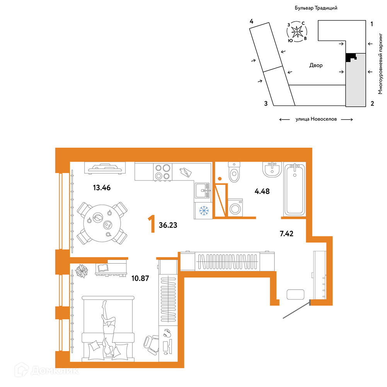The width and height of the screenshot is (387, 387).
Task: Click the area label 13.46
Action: pos(102,188)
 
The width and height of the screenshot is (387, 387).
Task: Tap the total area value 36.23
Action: pos(168,225)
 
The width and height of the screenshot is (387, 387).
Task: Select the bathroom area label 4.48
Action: pos(262,191)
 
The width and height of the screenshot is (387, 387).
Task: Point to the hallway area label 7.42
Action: pos(286,234)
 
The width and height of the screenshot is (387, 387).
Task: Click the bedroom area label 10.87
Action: pos(140,278)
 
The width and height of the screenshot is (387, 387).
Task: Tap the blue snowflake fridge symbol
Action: pos(204,211)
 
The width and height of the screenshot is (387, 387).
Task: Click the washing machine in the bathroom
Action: pos(235,208)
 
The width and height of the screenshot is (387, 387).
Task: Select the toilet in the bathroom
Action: pos(234,172)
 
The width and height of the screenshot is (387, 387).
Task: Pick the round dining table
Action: pos(102,223)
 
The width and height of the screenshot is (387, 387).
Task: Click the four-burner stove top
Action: pos(163,172)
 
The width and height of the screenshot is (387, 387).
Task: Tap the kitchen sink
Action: pos(203,191)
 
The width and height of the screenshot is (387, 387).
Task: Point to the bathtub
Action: pos(295,189)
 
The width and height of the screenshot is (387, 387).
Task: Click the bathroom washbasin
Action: pos(272,169)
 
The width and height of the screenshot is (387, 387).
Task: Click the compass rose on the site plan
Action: pos(297,32)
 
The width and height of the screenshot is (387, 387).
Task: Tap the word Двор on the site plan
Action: pos(316,65)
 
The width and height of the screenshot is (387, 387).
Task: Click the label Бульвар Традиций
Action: pos(316,8)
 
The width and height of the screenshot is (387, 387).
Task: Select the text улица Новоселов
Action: pos(316,119)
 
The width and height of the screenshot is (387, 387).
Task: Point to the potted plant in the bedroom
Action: pos(82,271)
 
